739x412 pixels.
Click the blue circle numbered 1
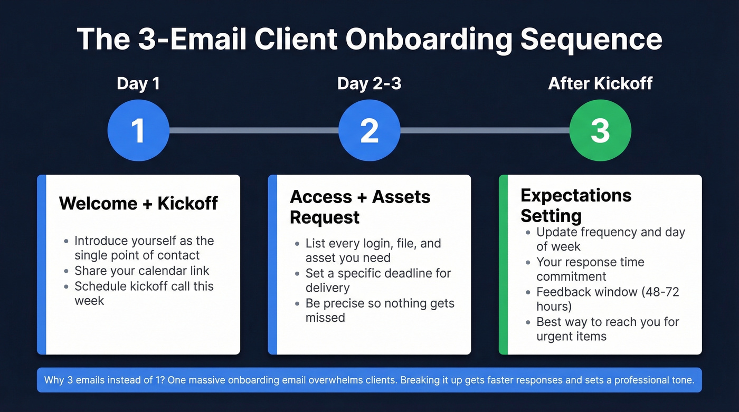[x=138, y=130]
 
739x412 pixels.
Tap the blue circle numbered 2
[x=369, y=130]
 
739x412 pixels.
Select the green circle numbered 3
[x=600, y=130]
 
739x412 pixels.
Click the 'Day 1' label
[x=138, y=83]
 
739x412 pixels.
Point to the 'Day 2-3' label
[x=369, y=83]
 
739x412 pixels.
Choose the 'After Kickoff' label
[x=600, y=83]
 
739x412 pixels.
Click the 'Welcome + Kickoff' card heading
[x=138, y=203]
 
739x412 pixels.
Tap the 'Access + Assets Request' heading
[x=360, y=207]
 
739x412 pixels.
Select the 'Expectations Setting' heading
[x=576, y=205]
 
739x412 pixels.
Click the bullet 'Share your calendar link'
[x=141, y=271]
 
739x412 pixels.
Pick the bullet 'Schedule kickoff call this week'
[x=144, y=293]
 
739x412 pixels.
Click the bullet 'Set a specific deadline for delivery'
[x=378, y=281]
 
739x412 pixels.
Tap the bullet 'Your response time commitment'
[x=590, y=269]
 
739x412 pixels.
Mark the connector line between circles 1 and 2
[x=253, y=130]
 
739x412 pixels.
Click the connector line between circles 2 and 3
[x=485, y=130]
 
